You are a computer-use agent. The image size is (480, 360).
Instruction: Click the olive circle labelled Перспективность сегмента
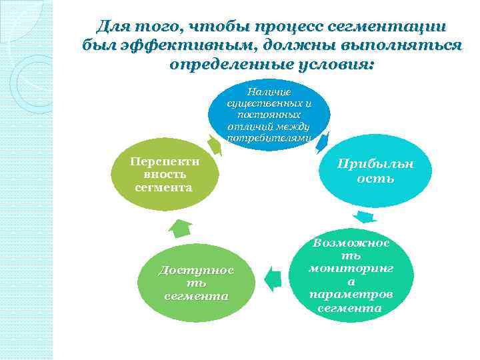click(x=163, y=175)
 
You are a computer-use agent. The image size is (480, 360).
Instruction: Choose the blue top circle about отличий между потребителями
click(x=269, y=113)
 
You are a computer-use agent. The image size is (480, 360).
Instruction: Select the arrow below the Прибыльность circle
click(x=364, y=217)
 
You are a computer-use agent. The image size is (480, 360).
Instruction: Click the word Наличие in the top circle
click(x=269, y=91)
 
